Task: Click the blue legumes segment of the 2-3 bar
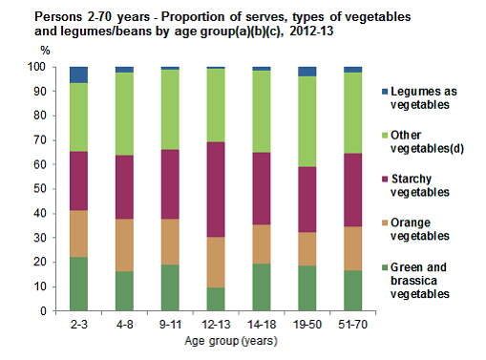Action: coord(78,74)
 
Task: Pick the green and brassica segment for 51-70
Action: coord(352,290)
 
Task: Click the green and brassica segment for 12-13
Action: coord(216,299)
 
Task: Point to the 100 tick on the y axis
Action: coord(38,68)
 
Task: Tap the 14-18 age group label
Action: coord(261,325)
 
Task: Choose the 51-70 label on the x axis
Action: coord(352,325)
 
